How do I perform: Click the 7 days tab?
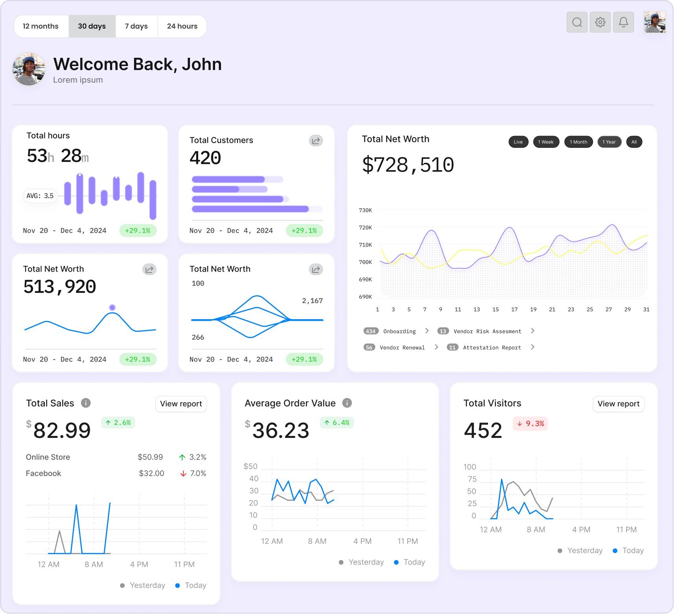(136, 26)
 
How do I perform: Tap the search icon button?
(577, 22)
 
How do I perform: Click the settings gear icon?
(600, 22)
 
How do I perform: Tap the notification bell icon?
(623, 22)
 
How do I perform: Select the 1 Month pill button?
(578, 142)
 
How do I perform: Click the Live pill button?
(518, 142)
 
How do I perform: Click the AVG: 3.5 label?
(40, 196)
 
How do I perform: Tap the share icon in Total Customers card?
(316, 141)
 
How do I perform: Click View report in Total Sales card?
(181, 404)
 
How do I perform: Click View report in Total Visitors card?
(618, 404)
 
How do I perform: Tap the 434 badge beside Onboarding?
(371, 331)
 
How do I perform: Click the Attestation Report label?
(492, 347)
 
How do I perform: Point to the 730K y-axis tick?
(365, 210)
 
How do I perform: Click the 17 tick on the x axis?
(514, 310)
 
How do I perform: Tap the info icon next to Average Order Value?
(347, 403)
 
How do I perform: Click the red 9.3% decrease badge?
(530, 424)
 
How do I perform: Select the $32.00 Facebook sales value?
(151, 473)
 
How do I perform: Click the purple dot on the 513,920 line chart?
(112, 307)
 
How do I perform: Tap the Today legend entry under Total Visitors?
(628, 551)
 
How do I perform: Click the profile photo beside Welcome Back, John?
(28, 69)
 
